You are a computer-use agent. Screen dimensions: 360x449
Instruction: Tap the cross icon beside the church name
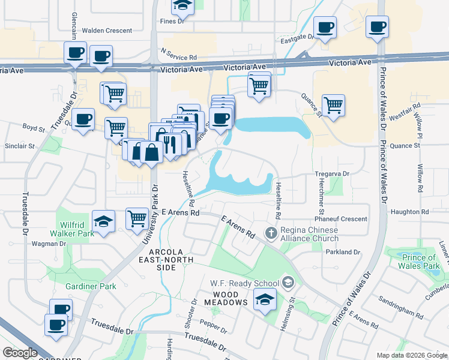pos(271,232)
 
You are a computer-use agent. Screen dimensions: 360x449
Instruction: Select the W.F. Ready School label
pos(244,283)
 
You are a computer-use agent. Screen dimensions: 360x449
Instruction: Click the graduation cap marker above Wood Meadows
pos(264,299)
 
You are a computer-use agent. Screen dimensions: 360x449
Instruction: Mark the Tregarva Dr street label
pos(332,173)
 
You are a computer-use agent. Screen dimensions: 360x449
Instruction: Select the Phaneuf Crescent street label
pos(341,219)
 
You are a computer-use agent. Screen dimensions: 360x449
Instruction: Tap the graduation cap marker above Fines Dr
pos(182,6)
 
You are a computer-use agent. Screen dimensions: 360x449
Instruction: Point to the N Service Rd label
pos(179,57)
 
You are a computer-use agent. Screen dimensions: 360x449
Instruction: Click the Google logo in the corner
pos(19,353)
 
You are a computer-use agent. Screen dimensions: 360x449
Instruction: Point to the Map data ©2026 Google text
pos(411,355)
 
